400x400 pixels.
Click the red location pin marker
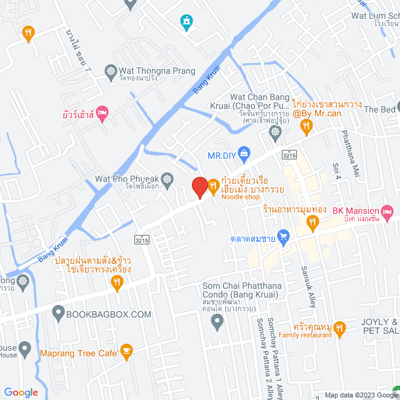coord(199,187)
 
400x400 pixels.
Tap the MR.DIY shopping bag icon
coord(244,152)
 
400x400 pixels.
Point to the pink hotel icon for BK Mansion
coord(387,211)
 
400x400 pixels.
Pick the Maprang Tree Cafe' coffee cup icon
coord(127,352)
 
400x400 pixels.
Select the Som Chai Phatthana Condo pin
coord(217,322)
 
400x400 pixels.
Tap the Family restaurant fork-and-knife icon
coord(339,327)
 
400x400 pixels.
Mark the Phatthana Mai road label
coord(351,152)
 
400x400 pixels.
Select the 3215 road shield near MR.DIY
coord(289,154)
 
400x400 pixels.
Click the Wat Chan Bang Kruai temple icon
coord(274,132)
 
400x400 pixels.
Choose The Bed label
coord(380,109)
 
